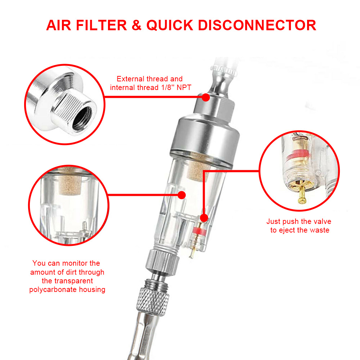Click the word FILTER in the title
pos(101,25)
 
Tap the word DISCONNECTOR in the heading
pos(257,25)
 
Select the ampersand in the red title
pos(136,25)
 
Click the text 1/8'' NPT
pos(176,87)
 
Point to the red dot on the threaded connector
pos(206,97)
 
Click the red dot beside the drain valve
pos(204,218)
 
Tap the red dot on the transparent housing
pos(181,195)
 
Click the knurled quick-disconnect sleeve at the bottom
pos(152,301)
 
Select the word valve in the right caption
pos(321,221)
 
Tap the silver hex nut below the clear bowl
pos(162,262)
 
